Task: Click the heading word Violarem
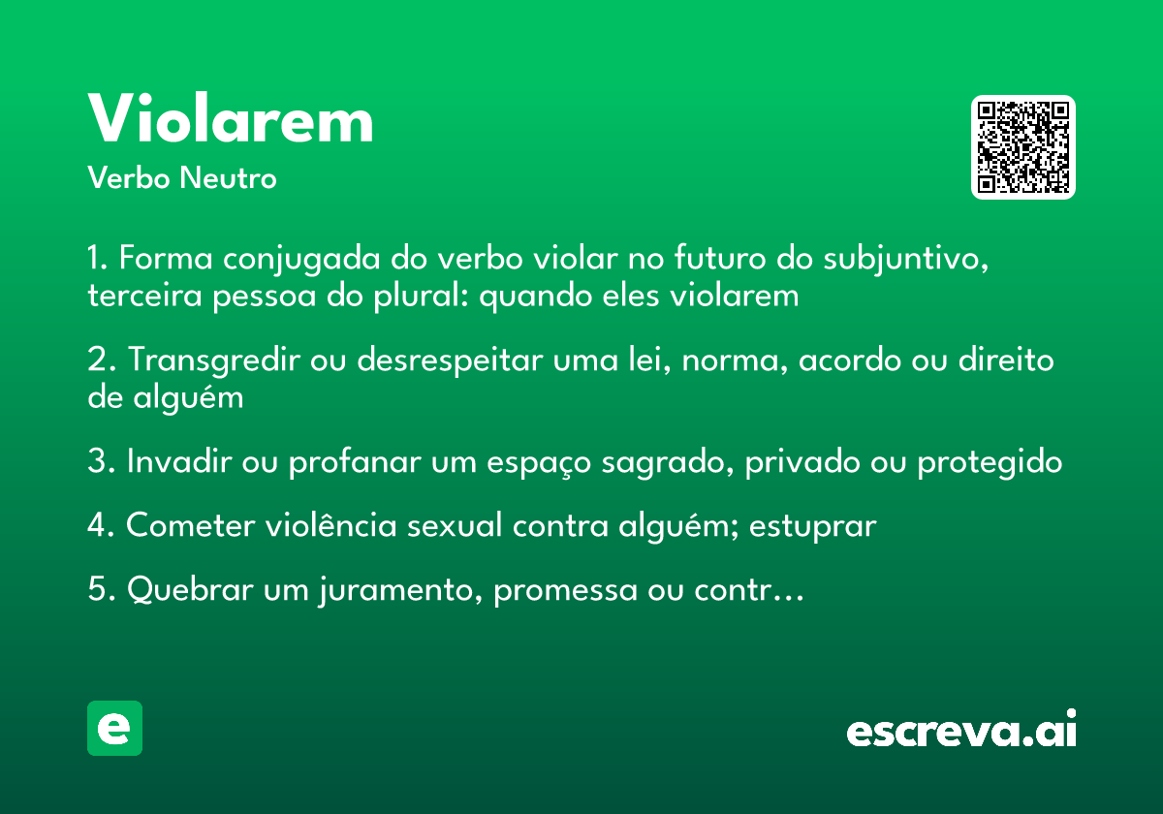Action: pos(231,120)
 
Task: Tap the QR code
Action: pos(1023,147)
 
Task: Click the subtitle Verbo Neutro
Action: pos(181,178)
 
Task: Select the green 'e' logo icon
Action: pos(114,728)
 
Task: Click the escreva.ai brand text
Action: pos(961,732)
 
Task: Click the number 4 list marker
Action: pos(98,526)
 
